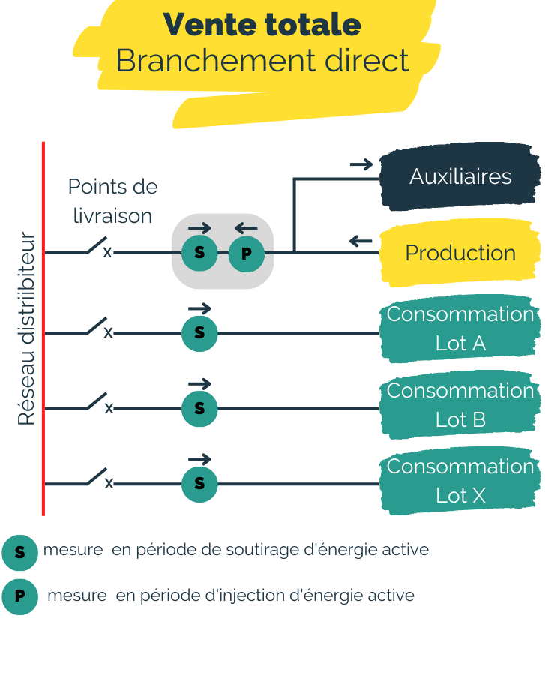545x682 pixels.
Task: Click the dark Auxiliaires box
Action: point(460,177)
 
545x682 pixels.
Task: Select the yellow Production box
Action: point(460,254)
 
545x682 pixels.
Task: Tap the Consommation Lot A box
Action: point(460,329)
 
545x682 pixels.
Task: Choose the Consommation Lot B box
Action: point(460,405)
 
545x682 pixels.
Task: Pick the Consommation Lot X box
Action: point(460,481)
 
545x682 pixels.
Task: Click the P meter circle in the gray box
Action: point(246,254)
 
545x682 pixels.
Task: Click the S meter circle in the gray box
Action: point(199,253)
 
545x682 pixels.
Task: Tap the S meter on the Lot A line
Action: point(199,333)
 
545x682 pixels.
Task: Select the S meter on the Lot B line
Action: point(199,409)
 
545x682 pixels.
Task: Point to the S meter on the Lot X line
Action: point(199,484)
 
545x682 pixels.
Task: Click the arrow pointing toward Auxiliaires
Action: point(361,164)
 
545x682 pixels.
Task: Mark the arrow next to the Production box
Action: point(361,241)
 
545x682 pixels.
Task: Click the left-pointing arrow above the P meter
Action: point(246,228)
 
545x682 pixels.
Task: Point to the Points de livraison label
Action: point(112,201)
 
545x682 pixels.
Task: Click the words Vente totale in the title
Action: point(262,24)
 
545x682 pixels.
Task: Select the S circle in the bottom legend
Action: point(19,552)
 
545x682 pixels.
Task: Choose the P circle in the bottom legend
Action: point(19,597)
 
